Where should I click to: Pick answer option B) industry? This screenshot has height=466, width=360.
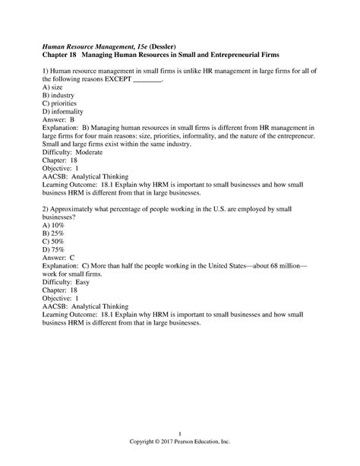tap(58, 98)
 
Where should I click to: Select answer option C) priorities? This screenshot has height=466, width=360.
tap(60, 107)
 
